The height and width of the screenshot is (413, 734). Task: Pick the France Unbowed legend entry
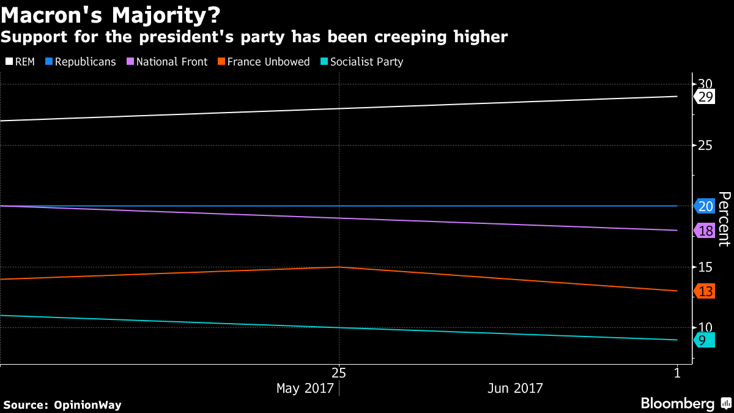pyautogui.click(x=263, y=62)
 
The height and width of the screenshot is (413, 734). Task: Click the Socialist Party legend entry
pyautogui.click(x=361, y=62)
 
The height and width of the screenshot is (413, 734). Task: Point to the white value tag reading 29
pyautogui.click(x=705, y=97)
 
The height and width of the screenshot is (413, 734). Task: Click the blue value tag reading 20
pyautogui.click(x=705, y=206)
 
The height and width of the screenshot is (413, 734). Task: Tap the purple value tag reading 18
pyautogui.click(x=705, y=231)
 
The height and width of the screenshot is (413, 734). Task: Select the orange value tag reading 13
pyautogui.click(x=705, y=291)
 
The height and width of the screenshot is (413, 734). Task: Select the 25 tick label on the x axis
pyautogui.click(x=339, y=372)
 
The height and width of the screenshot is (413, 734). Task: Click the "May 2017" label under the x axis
pyautogui.click(x=305, y=389)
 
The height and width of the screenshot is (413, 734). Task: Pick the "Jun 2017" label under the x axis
pyautogui.click(x=515, y=389)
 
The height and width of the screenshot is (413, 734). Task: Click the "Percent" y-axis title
pyautogui.click(x=724, y=219)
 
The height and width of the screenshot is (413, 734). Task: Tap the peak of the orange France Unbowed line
pyautogui.click(x=339, y=267)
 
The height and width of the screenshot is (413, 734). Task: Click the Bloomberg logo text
pyautogui.click(x=678, y=404)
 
